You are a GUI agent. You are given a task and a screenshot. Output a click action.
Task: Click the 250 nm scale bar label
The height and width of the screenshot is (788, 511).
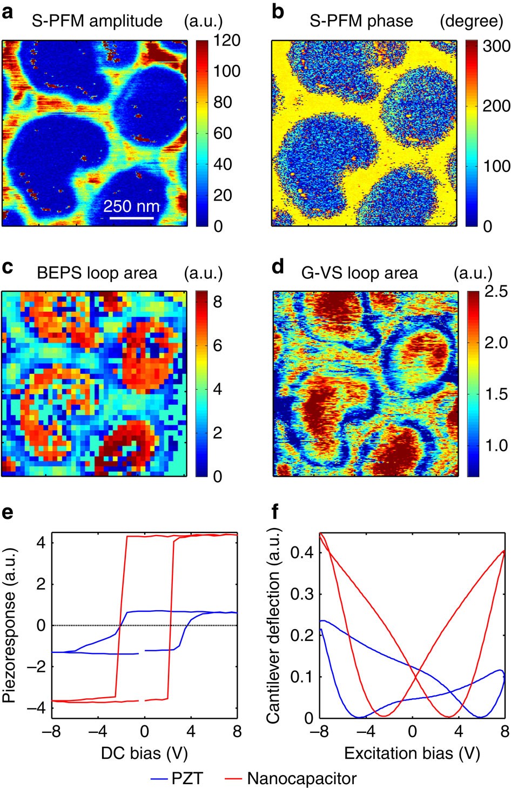[x=131, y=206]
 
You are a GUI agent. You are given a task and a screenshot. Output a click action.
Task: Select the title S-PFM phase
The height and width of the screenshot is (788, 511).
[x=361, y=21]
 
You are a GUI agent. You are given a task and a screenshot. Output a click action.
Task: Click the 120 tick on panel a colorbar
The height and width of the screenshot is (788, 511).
[x=227, y=41]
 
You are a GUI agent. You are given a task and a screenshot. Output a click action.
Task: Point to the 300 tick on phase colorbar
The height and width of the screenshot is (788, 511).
[x=496, y=46]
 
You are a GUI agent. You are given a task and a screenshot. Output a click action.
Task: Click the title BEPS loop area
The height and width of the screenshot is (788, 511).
[x=97, y=273]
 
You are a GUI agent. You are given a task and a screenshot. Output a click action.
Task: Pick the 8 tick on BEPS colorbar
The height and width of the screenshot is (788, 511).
[x=217, y=302]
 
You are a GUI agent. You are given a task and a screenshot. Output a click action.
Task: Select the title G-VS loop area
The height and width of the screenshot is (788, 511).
[x=359, y=273]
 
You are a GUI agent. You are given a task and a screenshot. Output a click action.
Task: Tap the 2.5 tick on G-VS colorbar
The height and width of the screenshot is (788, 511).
[x=496, y=292]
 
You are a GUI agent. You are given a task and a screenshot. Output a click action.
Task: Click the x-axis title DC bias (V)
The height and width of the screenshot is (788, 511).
[x=144, y=753]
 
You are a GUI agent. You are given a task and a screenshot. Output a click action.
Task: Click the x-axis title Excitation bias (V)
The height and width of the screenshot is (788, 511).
[x=412, y=753]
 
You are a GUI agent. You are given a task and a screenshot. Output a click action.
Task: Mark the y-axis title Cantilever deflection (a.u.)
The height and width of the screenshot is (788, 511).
[x=273, y=625]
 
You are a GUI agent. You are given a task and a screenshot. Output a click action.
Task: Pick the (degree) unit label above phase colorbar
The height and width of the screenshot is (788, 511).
[x=471, y=21]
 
